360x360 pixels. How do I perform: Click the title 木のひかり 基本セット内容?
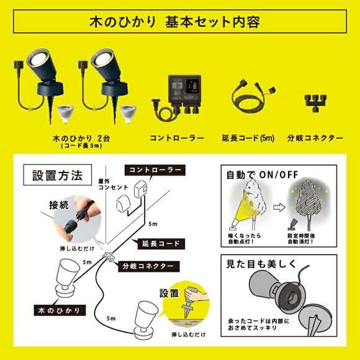[x=179, y=22]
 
